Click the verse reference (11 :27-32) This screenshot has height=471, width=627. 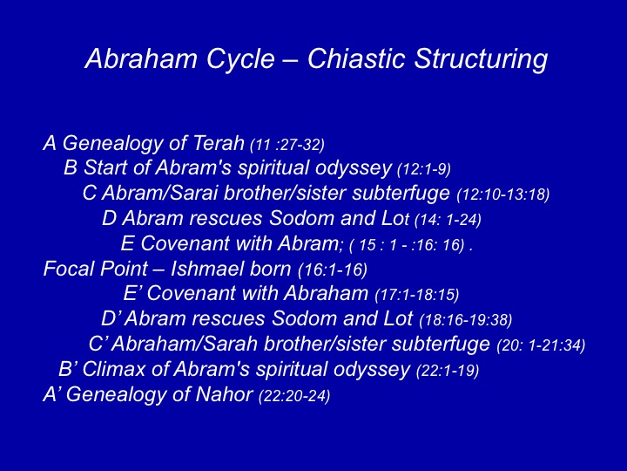click(x=287, y=145)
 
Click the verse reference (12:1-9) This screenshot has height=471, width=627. click(x=424, y=169)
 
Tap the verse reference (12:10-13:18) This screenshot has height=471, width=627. click(x=503, y=195)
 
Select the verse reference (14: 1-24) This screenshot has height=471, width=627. click(x=448, y=220)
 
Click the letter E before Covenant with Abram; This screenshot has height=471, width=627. click(x=127, y=243)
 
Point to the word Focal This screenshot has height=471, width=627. click(x=69, y=269)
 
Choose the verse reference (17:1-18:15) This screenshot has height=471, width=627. click(x=417, y=295)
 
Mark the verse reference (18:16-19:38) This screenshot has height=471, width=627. click(x=466, y=320)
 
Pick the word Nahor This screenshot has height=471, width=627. click(x=224, y=394)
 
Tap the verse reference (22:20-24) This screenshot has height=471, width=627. click(x=294, y=397)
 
